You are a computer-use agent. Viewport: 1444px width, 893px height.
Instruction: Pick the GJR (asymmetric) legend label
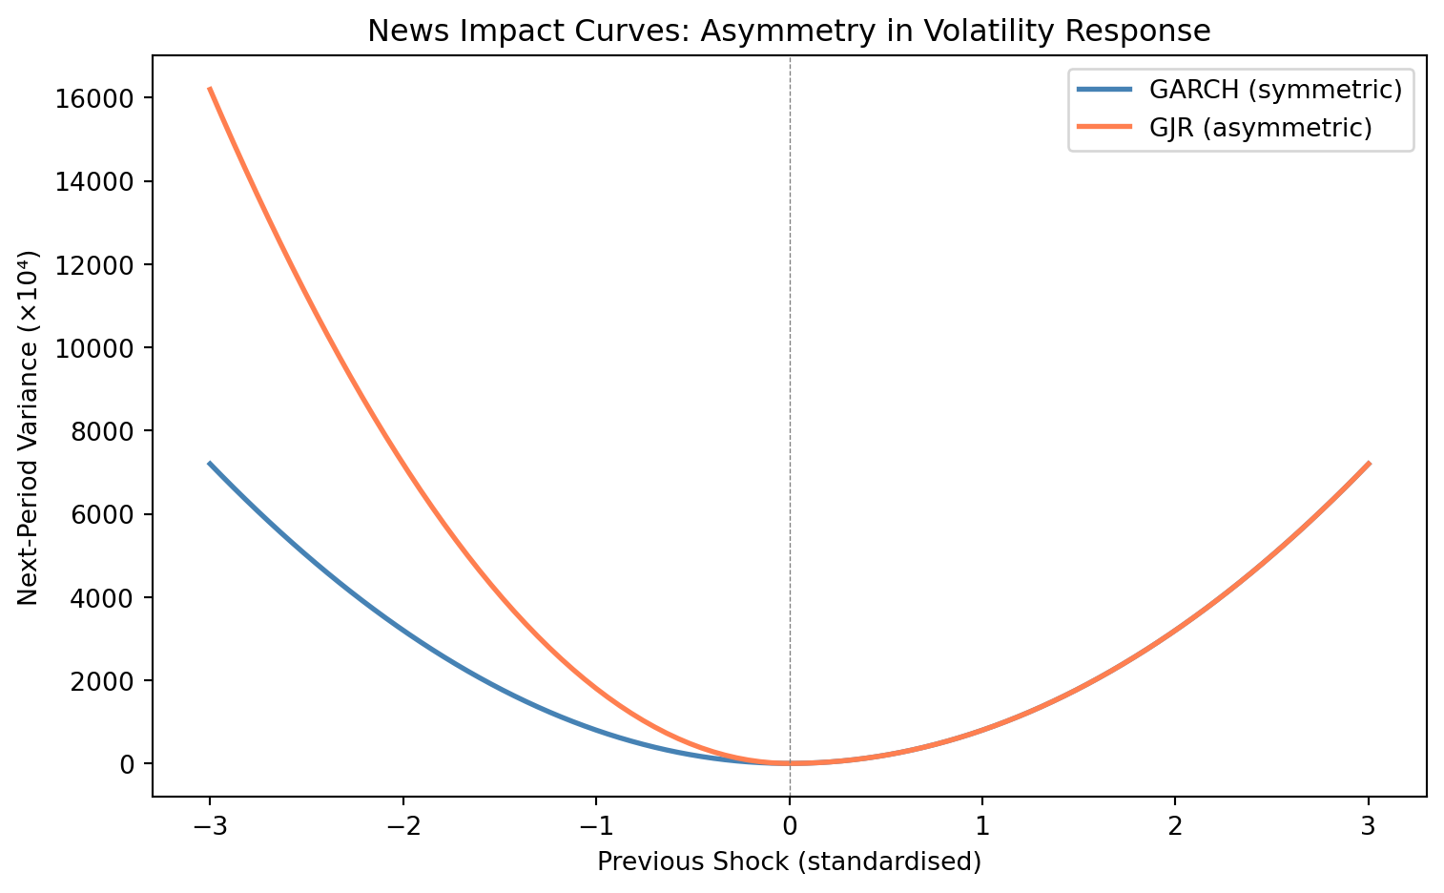pyautogui.click(x=1260, y=128)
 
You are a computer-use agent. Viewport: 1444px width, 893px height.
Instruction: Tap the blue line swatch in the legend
pyautogui.click(x=1104, y=90)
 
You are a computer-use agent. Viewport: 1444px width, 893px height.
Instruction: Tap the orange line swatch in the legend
pyautogui.click(x=1104, y=127)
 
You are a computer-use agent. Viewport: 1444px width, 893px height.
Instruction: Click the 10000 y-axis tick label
pyautogui.click(x=94, y=348)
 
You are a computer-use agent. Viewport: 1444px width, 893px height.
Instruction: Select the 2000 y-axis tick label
pyautogui.click(x=102, y=681)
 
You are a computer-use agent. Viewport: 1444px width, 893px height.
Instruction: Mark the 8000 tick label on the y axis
pyautogui.click(x=102, y=431)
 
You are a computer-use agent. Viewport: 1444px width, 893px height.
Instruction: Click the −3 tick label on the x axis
pyautogui.click(x=210, y=826)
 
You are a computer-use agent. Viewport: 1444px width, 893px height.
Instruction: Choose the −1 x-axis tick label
pyautogui.click(x=596, y=826)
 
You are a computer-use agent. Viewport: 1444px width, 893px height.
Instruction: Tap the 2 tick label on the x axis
pyautogui.click(x=1175, y=826)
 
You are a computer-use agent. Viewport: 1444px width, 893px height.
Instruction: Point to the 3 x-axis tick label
pyautogui.click(x=1368, y=826)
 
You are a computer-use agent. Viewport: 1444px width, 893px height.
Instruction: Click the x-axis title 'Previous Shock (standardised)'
pyautogui.click(x=789, y=862)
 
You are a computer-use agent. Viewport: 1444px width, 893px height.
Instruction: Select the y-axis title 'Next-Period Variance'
pyautogui.click(x=28, y=476)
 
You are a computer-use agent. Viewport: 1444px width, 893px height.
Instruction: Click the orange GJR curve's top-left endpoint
pyautogui.click(x=210, y=88)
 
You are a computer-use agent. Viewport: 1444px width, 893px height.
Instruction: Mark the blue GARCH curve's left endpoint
pyautogui.click(x=210, y=463)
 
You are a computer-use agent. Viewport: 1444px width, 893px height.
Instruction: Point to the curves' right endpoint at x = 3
pyautogui.click(x=1369, y=463)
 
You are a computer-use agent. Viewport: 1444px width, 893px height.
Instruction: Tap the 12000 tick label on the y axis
pyautogui.click(x=94, y=265)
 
